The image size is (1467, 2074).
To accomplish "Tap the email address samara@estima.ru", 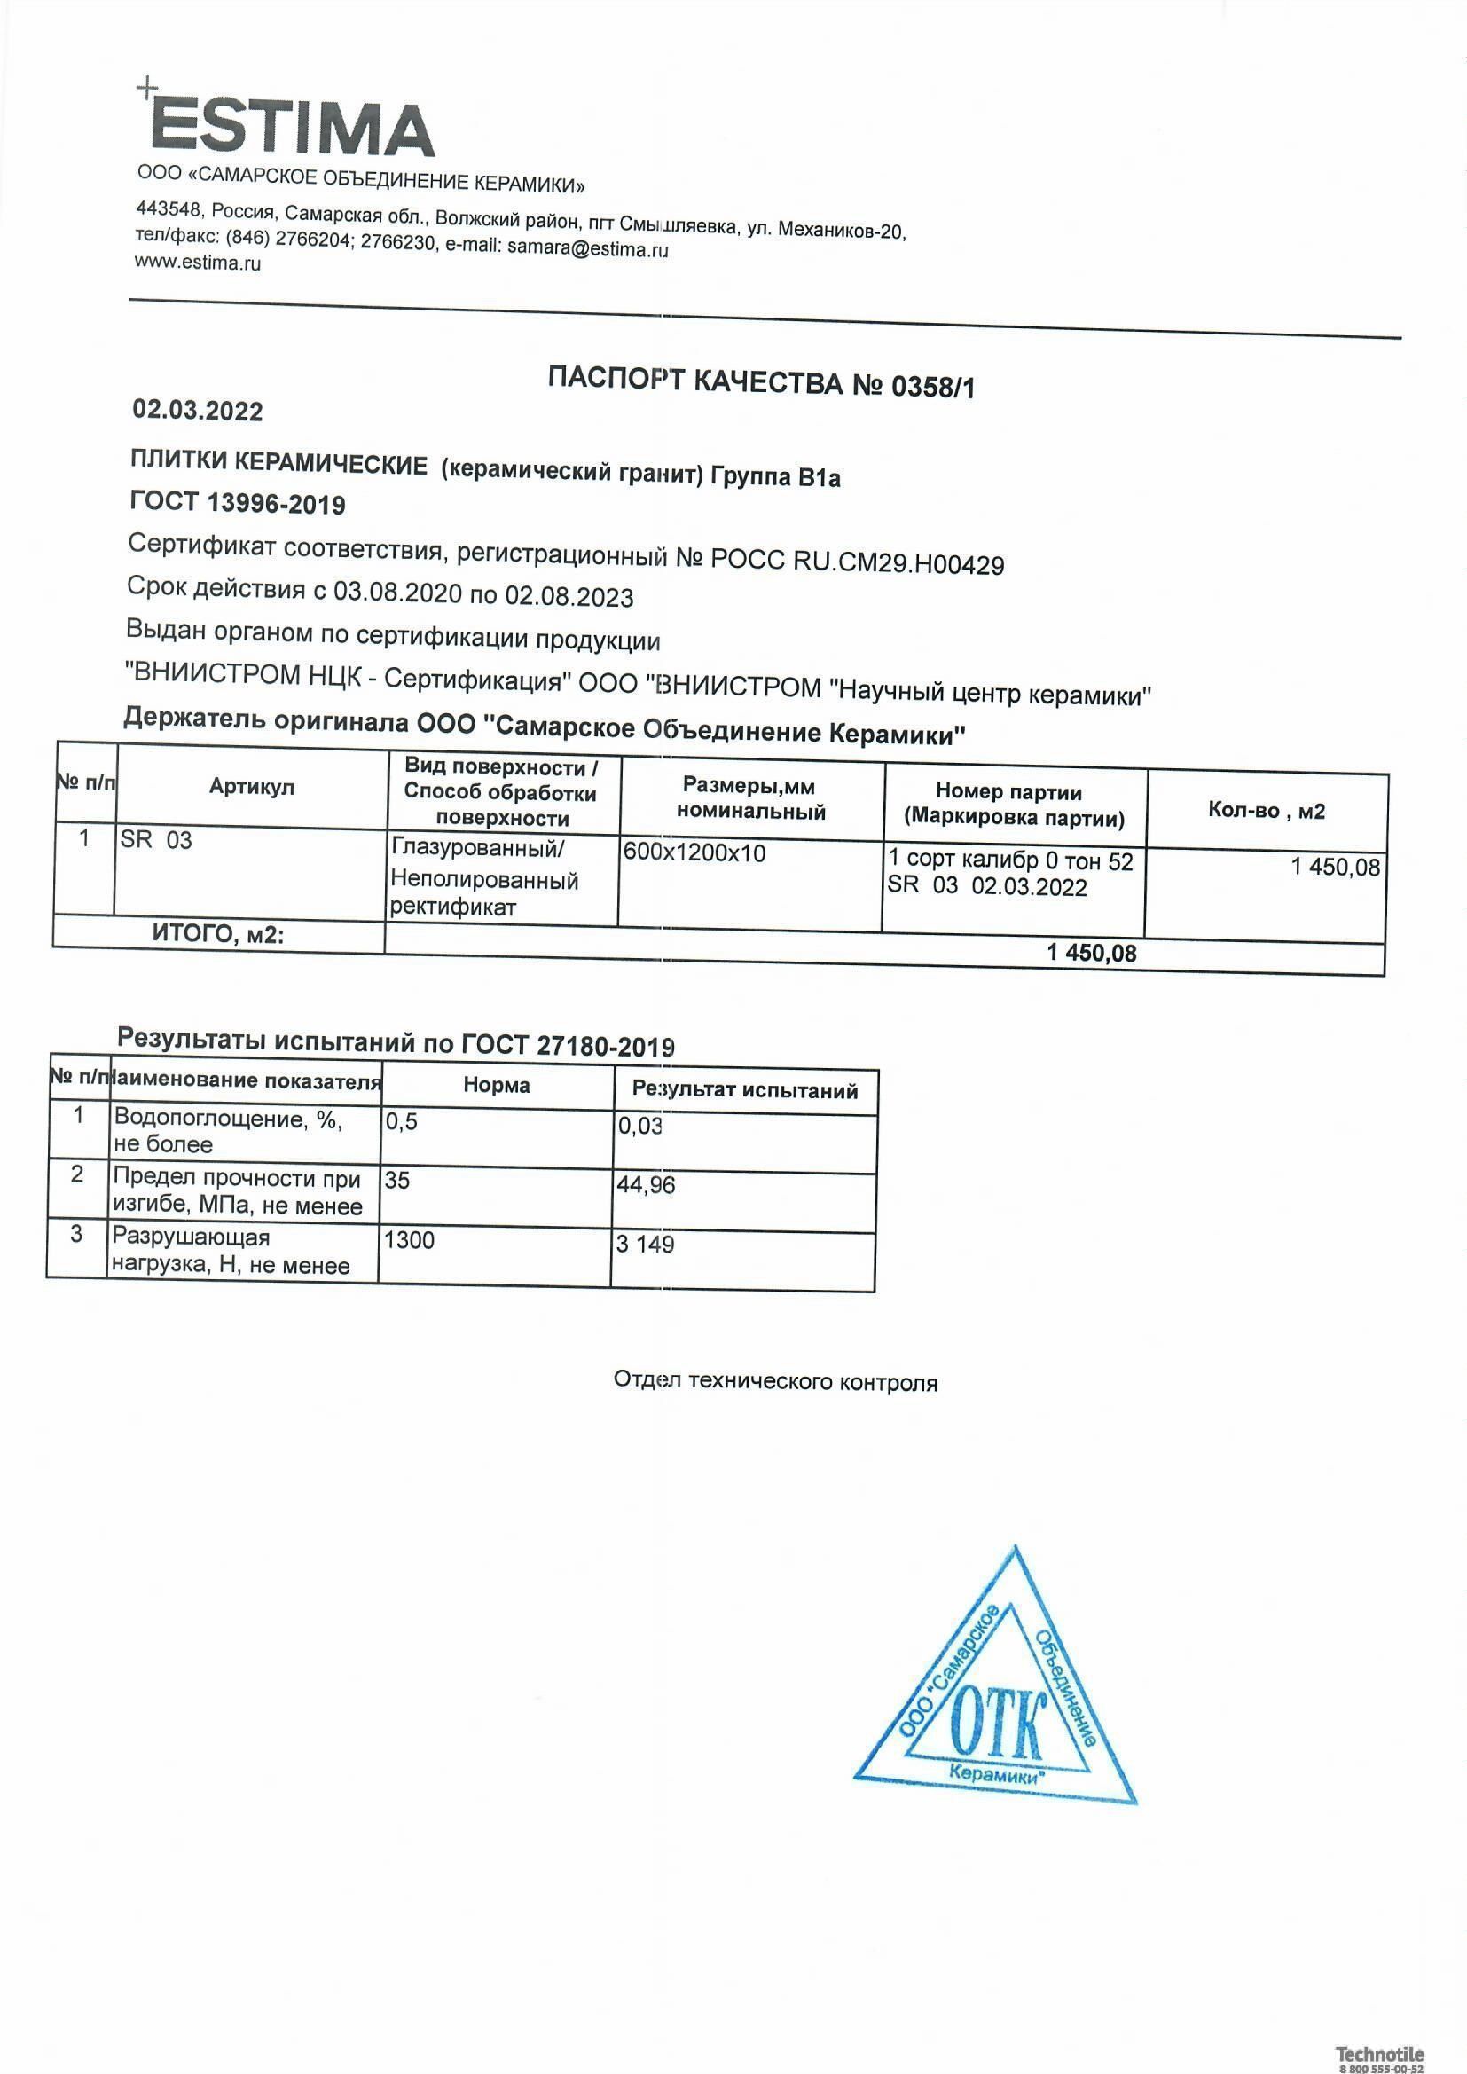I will click(587, 248).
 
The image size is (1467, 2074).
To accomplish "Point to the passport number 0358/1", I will click(933, 387).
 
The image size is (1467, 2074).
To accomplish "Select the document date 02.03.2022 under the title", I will click(198, 411).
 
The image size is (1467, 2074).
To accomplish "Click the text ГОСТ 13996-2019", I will click(238, 503).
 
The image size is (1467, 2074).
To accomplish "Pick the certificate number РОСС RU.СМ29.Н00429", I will click(858, 563).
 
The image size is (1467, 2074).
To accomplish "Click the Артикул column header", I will click(252, 787).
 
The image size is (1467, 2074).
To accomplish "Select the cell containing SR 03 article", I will click(156, 840).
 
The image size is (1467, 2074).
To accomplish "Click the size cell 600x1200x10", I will click(694, 852).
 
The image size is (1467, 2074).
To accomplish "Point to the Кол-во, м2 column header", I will click(1266, 811).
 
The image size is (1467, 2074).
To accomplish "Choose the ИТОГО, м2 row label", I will click(217, 935).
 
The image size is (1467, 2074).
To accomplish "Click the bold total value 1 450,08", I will click(1091, 953).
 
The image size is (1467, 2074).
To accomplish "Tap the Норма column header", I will click(496, 1085).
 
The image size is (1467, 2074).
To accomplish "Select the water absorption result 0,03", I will click(640, 1127).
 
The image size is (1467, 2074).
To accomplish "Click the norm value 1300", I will click(409, 1240).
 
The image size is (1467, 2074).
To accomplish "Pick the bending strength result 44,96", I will click(645, 1184).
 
